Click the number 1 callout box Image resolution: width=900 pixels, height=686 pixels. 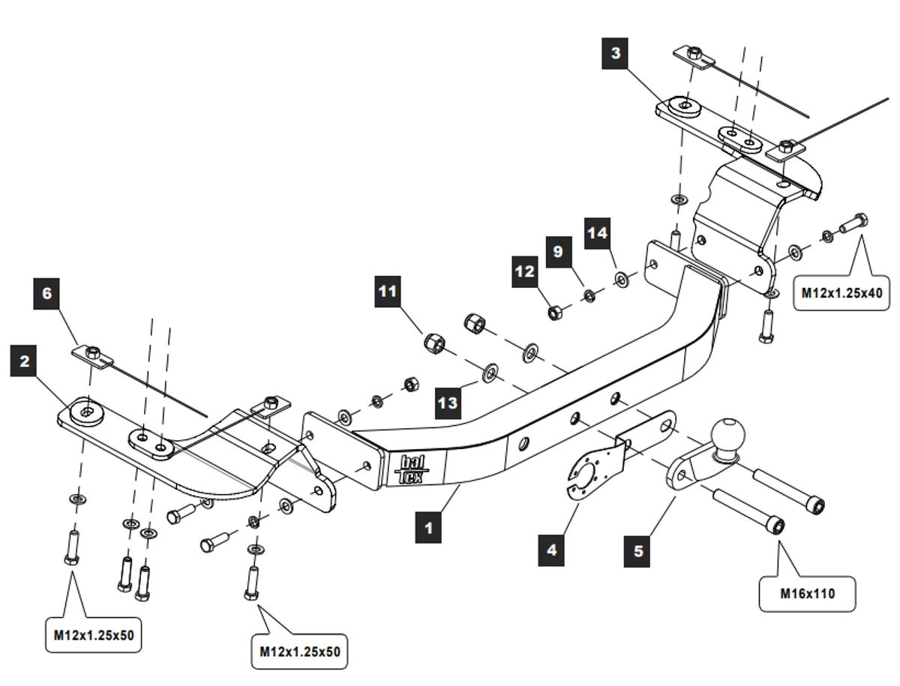point(428,527)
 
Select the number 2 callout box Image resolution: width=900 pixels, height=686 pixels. point(25,361)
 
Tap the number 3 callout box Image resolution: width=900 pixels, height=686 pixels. point(616,54)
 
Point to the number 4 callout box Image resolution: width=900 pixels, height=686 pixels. point(552,550)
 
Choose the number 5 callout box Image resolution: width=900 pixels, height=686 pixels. point(638,551)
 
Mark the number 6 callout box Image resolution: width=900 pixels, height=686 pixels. point(47,293)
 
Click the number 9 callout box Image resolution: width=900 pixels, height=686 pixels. point(558,252)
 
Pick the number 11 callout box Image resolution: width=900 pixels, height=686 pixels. point(388,292)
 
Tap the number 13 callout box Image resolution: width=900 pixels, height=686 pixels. point(448,403)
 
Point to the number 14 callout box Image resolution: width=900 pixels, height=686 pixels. point(598,233)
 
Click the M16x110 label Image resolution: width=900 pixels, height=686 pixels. point(807,594)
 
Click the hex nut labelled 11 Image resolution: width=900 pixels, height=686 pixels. point(433,344)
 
